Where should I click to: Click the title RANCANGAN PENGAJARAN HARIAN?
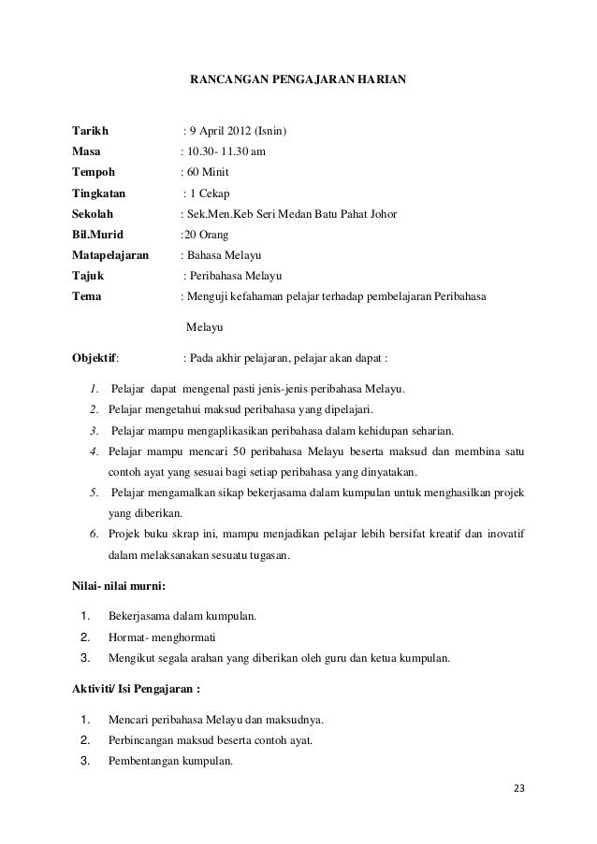tap(298, 80)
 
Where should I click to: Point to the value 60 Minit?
tap(208, 173)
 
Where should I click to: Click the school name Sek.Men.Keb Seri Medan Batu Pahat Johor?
tap(291, 214)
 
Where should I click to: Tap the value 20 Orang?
tap(205, 235)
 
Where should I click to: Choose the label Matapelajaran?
tap(109, 255)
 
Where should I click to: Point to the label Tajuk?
tap(88, 276)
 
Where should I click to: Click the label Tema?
tap(87, 296)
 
